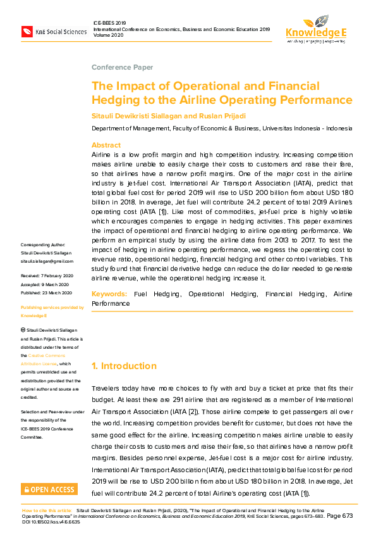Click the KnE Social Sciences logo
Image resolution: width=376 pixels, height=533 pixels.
pyautogui.click(x=54, y=31)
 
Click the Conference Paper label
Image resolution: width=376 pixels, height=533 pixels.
pyautogui.click(x=122, y=67)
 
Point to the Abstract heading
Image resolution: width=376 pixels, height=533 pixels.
pyautogui.click(x=106, y=145)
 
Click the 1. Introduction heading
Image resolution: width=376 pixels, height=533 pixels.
pyautogui.click(x=124, y=366)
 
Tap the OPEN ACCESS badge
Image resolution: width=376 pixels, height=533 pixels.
pyautogui.click(x=49, y=489)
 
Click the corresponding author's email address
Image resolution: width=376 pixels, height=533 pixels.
pyautogui.click(x=46, y=260)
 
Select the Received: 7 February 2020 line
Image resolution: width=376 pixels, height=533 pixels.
pyautogui.click(x=47, y=276)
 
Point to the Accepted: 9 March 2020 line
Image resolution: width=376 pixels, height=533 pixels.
pyautogui.click(x=44, y=284)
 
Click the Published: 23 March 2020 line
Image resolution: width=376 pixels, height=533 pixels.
pyautogui.click(x=46, y=292)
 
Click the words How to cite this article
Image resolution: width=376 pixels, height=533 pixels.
pyautogui.click(x=47, y=510)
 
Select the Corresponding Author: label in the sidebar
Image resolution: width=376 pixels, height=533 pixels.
pyautogui.click(x=42, y=244)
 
